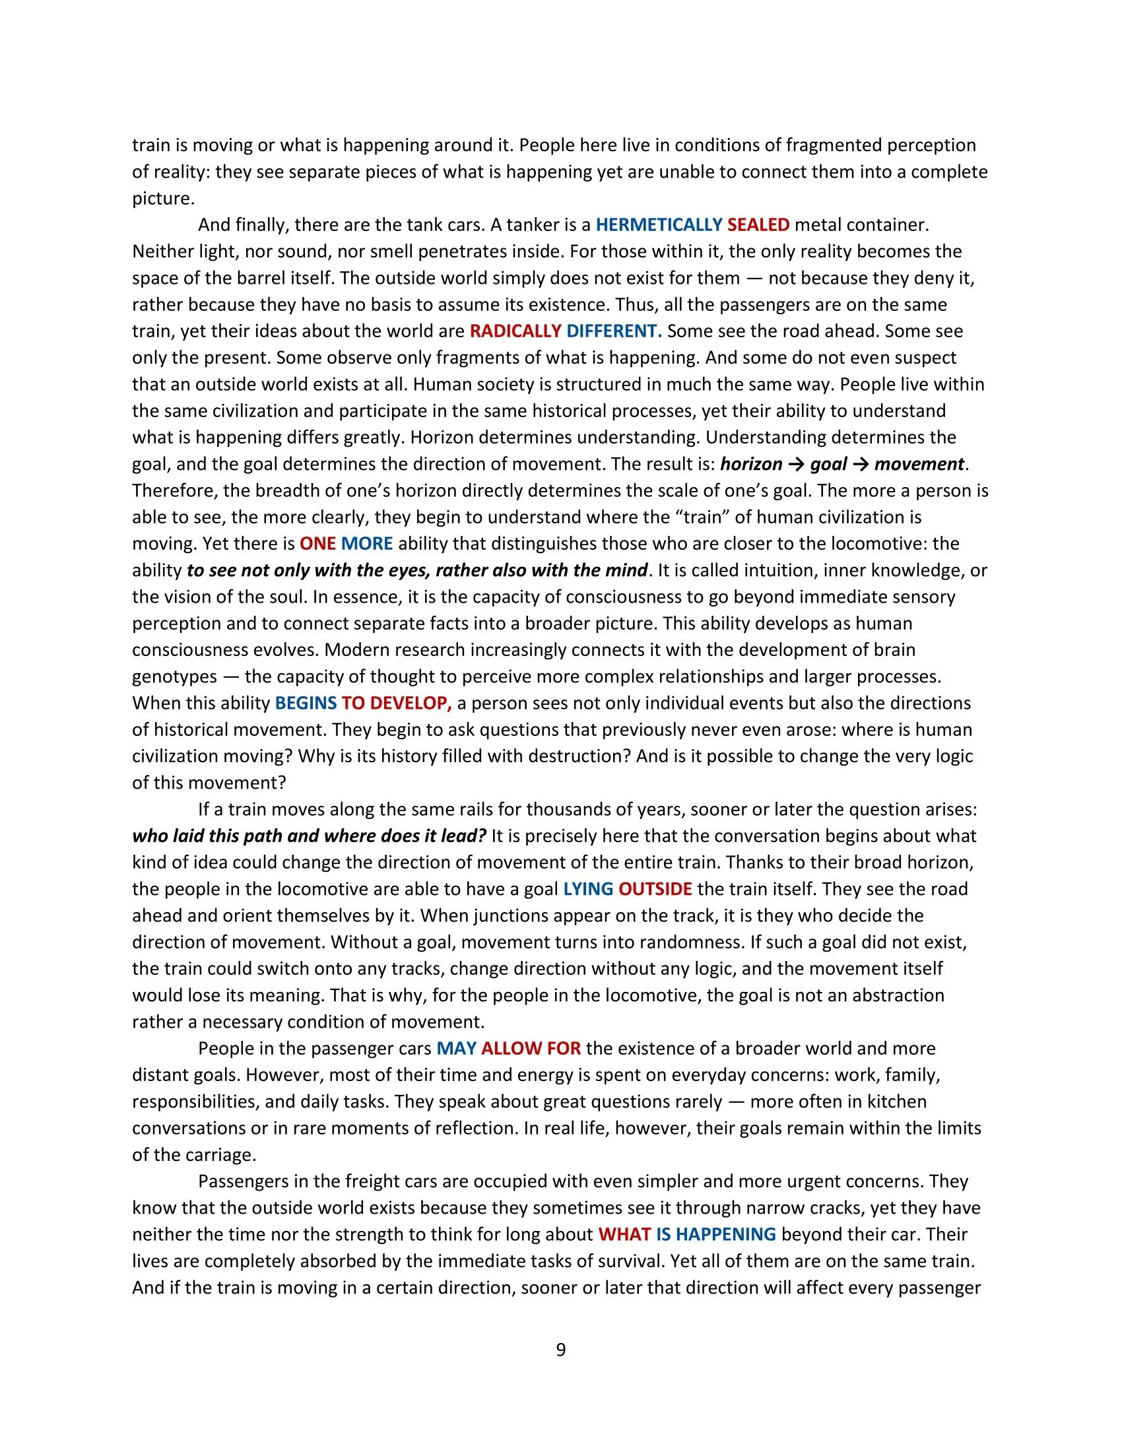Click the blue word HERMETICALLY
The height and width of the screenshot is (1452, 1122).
(658, 224)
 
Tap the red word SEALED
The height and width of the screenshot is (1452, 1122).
(758, 224)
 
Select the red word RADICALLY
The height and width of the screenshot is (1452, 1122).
(515, 331)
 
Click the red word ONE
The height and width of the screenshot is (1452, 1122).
(317, 544)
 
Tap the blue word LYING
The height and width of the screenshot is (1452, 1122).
(587, 890)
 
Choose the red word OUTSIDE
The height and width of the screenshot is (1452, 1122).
(655, 890)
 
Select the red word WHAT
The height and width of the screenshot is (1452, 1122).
(624, 1236)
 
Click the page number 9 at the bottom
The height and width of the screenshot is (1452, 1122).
(560, 1350)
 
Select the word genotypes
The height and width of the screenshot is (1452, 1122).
(174, 676)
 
